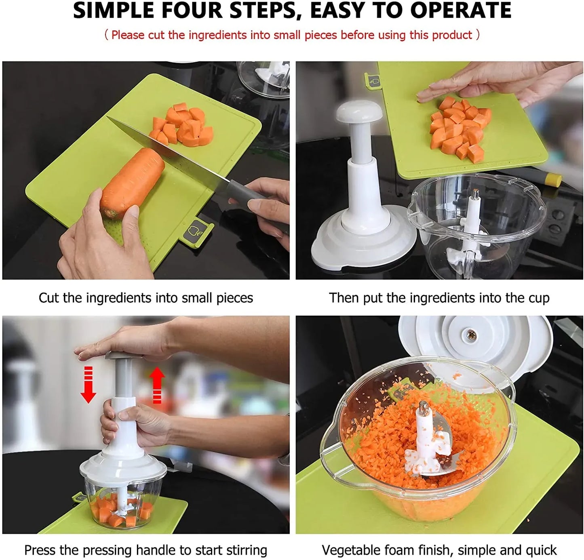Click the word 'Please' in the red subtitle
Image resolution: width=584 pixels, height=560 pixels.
(x=128, y=35)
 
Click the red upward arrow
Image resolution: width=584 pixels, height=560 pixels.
(x=157, y=386)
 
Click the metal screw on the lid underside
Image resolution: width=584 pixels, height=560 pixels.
(x=471, y=335)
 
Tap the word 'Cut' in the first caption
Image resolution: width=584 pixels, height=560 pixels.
(x=49, y=298)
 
